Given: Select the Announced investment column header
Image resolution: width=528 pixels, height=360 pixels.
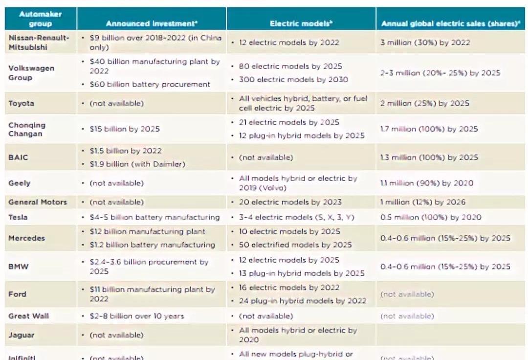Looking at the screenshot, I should coord(151,23).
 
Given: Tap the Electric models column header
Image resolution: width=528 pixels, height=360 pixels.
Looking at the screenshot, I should coord(301,23).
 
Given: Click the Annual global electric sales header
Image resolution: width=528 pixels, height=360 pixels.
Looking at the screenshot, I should coord(450,23).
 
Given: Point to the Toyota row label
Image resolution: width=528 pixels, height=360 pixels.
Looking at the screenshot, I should coord(21,103).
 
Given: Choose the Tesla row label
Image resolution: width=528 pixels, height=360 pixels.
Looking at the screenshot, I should coord(18,217).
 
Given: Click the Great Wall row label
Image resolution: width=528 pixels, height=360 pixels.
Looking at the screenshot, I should coord(28,316).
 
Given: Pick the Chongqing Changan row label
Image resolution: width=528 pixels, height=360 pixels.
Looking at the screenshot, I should coord(27,129).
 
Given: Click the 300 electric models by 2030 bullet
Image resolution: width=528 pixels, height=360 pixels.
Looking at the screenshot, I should coord(293,80).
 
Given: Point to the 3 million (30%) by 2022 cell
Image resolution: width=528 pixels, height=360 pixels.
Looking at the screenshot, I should coord(425,43).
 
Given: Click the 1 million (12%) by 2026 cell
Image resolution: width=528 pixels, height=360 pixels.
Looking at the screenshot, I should coord(423,202).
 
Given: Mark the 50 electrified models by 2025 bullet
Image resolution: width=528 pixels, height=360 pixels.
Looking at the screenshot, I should coord(295,245).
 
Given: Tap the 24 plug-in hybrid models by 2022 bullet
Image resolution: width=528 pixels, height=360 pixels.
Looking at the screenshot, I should coord(302,301).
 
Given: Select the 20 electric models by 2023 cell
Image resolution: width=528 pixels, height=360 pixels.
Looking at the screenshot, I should coord(290,202).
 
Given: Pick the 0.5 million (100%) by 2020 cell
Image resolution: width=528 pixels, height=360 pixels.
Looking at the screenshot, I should coord(430,217).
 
